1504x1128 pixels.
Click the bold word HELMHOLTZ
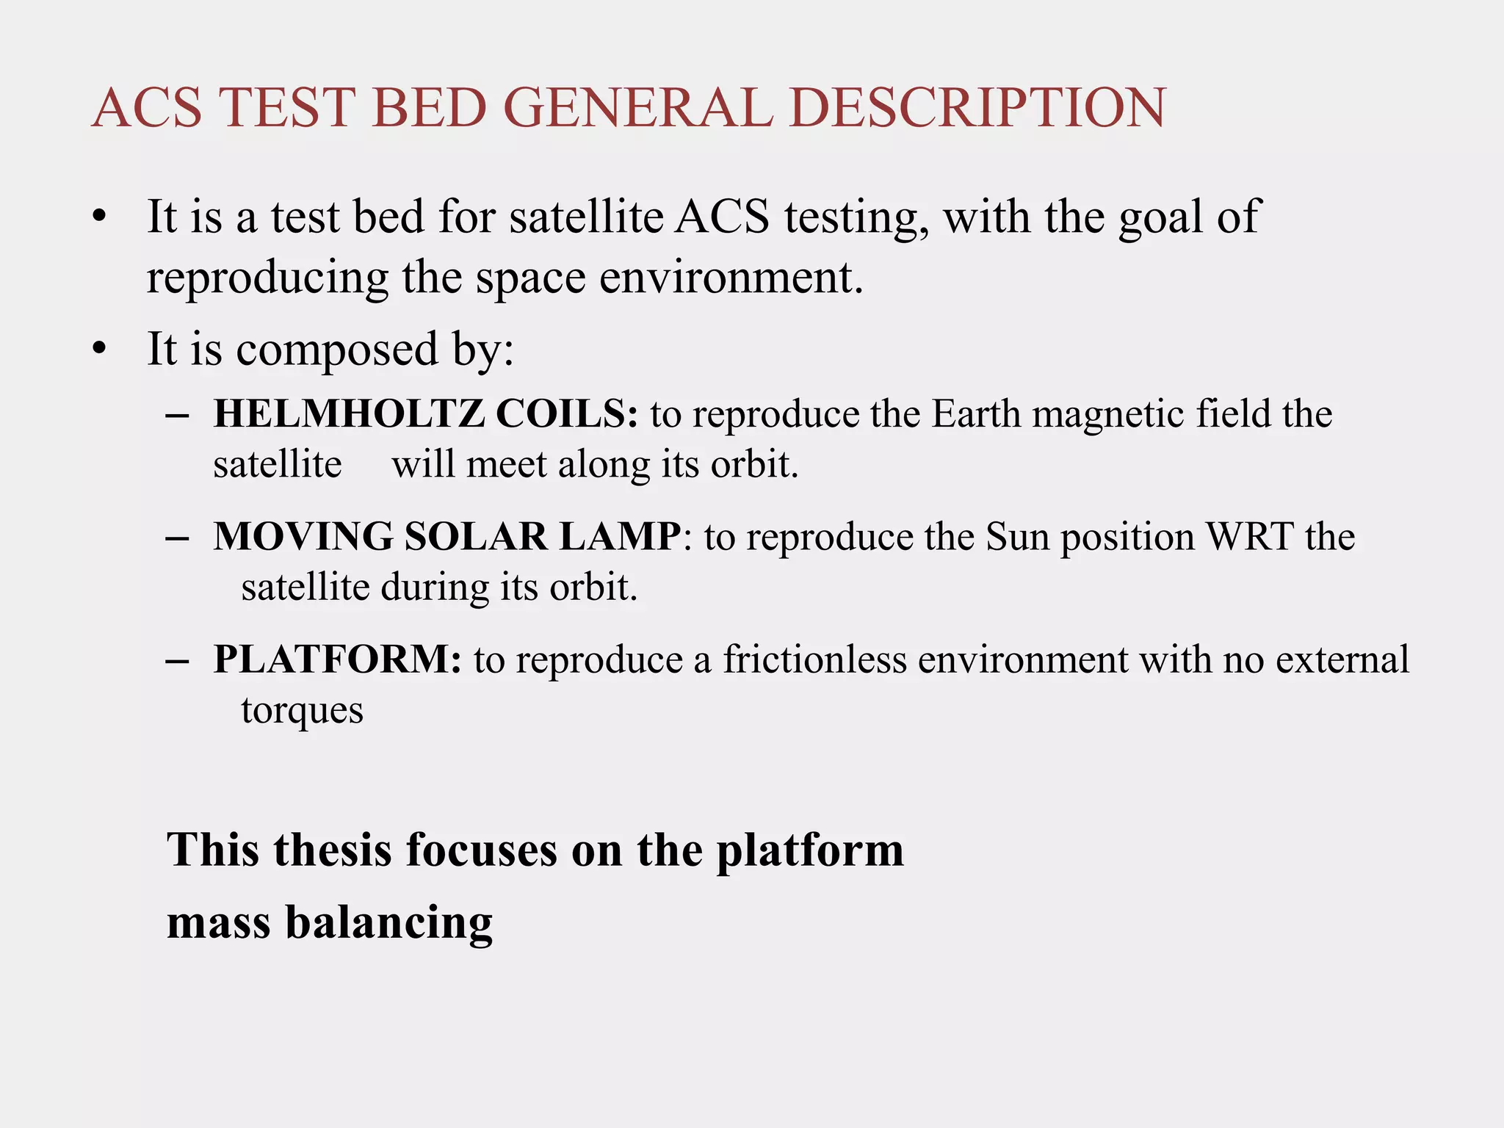click(x=349, y=413)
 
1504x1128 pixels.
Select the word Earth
click(x=977, y=413)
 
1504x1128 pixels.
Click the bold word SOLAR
click(x=476, y=536)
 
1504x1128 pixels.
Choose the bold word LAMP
click(x=621, y=536)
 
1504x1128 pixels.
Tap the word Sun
click(x=1017, y=536)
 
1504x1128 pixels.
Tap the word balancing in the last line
click(x=388, y=922)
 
